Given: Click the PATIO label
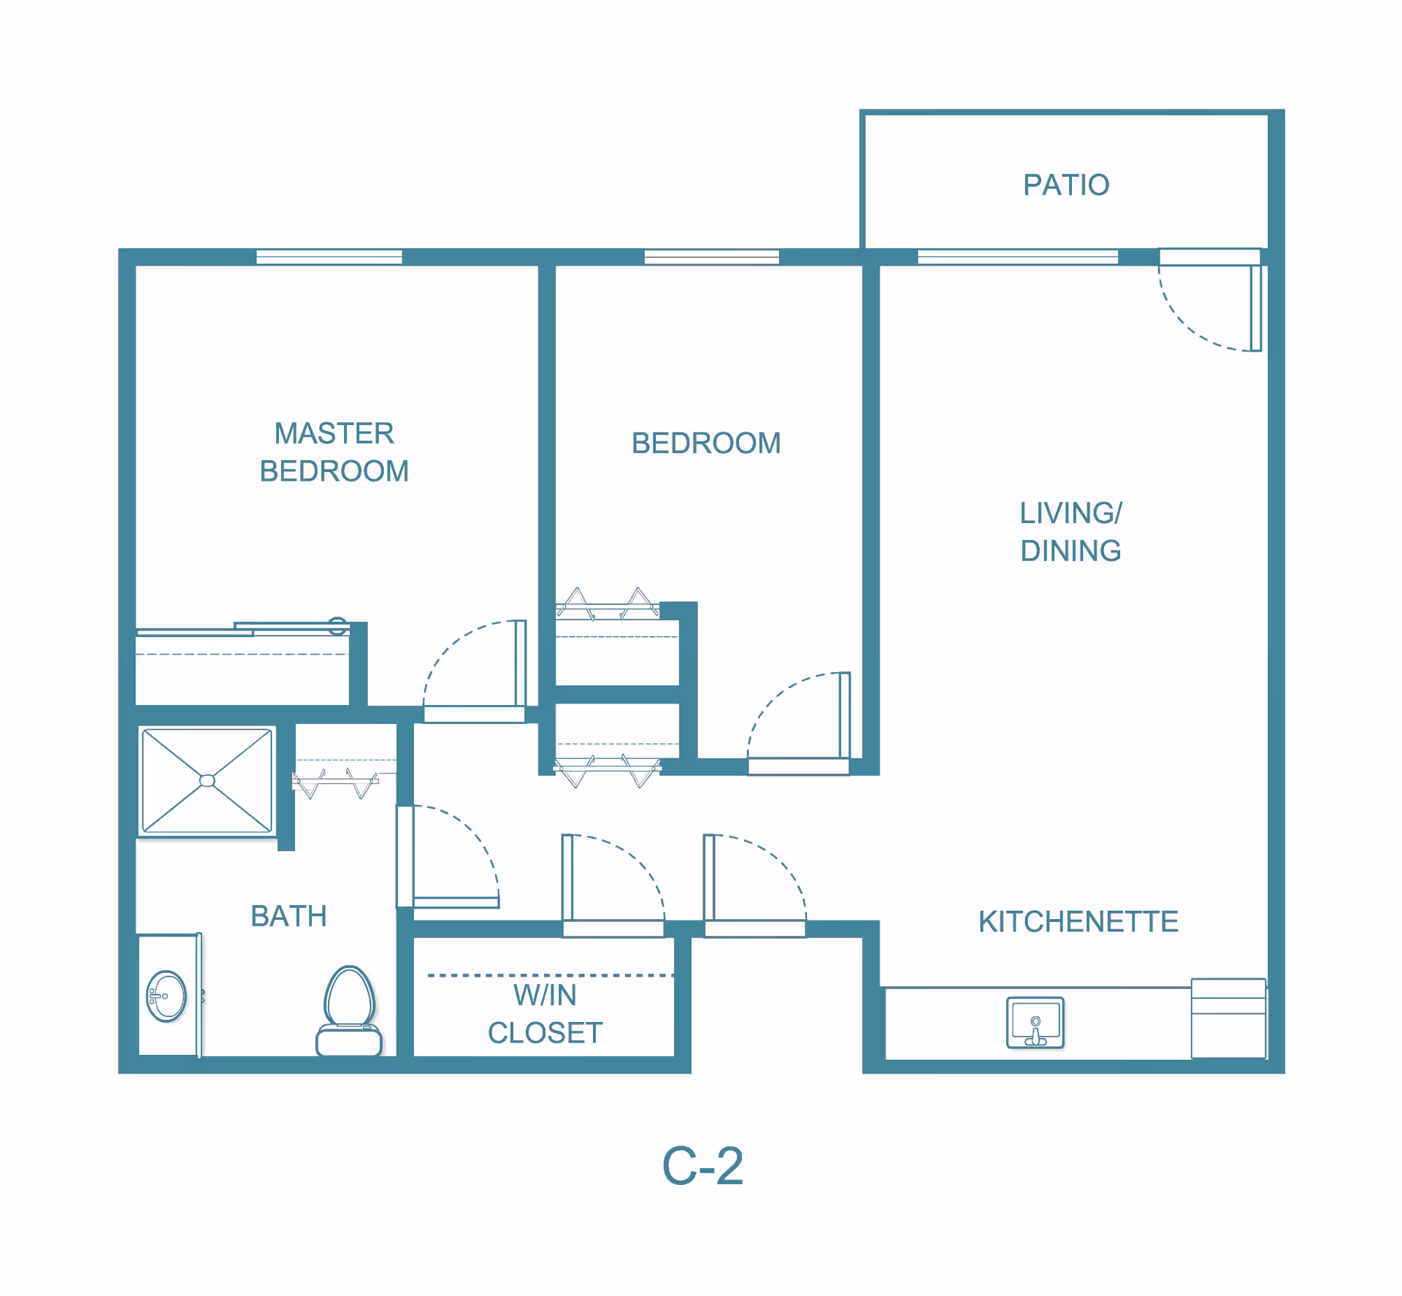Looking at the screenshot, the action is pos(1065,185).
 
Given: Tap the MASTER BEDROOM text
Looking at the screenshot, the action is pos(334,452).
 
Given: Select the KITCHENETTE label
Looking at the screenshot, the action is pos(1078,921).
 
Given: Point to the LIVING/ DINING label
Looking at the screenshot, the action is pos(1070,532).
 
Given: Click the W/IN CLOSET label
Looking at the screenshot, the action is pos(545,1014).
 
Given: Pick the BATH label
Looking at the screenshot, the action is pos(288,916).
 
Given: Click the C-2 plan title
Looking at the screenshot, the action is pos(702,1166).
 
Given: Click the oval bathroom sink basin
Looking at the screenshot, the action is pos(166,996).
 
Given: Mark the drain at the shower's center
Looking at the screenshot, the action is pos(207,781).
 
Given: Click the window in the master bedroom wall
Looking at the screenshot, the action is pos(329,256).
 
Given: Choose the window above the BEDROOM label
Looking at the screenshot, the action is pos(711,256).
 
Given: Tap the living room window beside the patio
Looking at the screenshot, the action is pos(1017,256).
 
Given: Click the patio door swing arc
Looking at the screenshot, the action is pos(1187,326).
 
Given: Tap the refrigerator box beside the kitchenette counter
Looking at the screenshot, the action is pos(1228,1018).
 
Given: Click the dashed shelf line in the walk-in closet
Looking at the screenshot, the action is pos(551,975).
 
